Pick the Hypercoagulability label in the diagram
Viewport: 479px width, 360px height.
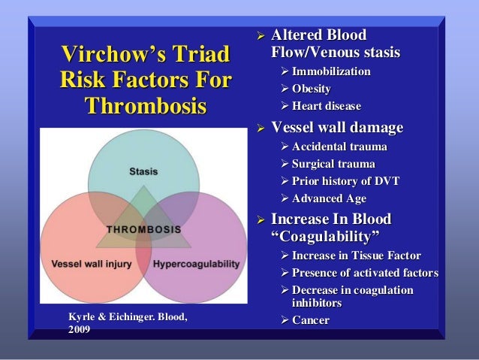pyautogui.click(x=197, y=264)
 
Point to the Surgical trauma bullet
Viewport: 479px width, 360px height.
pyautogui.click(x=328, y=163)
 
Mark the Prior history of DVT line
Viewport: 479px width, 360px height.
pyautogui.click(x=336, y=180)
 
